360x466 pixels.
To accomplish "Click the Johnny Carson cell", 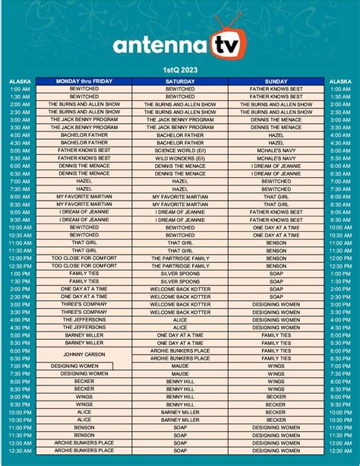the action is [84, 353].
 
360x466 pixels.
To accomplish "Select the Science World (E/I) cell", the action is [180, 150].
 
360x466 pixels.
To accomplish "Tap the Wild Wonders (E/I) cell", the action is [180, 157].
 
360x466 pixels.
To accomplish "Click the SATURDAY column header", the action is [180, 81].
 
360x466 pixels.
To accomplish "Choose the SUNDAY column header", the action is [276, 81].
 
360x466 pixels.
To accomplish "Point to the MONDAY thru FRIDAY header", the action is [84, 81].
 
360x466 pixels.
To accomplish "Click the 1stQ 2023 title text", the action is [180, 69].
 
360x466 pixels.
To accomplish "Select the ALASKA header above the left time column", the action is [21, 81].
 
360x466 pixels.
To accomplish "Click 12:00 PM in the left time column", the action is [21, 258].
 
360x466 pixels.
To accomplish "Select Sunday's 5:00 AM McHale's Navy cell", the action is [276, 150].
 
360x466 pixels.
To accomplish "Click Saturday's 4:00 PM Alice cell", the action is [180, 319].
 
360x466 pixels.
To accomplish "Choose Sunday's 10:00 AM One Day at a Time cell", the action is [276, 227].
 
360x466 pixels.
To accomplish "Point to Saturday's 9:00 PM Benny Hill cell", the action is [180, 396].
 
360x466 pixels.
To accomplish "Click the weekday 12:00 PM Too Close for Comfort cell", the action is [84, 258].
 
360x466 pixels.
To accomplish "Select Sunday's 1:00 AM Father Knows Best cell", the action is [276, 88].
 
